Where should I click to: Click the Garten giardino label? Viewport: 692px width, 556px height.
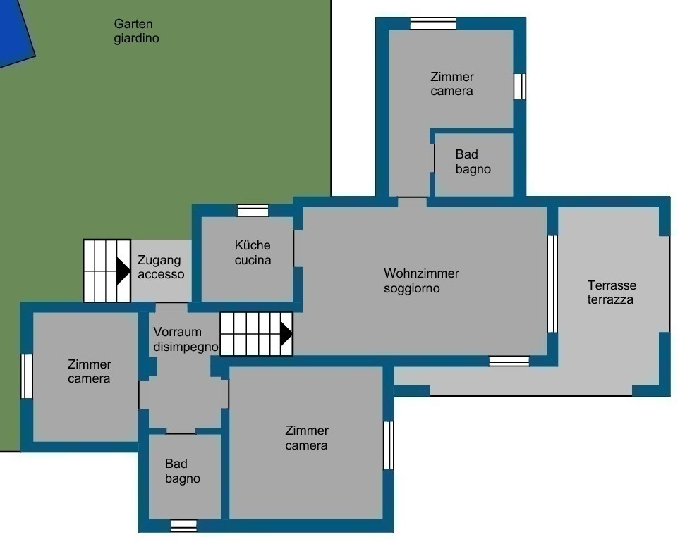tap(136, 31)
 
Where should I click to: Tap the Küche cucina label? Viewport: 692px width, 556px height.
tap(253, 252)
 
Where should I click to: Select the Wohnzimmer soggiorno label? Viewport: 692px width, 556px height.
tap(421, 280)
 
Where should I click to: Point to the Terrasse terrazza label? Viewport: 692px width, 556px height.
tap(612, 292)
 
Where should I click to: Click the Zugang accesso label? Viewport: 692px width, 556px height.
tap(161, 267)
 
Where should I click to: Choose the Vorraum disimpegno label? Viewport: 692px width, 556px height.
tap(186, 339)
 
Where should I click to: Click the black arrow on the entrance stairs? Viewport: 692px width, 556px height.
tap(123, 271)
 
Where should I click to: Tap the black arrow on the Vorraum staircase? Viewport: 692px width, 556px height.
tap(286, 334)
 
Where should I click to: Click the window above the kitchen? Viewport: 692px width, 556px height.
tap(253, 211)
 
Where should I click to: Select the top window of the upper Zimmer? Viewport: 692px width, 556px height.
tap(433, 24)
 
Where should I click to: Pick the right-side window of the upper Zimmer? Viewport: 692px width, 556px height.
tap(520, 87)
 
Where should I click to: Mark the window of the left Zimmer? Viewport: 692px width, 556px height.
tap(27, 376)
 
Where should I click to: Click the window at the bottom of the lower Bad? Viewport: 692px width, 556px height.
tap(183, 526)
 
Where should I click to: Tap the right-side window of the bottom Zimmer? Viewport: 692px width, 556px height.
tap(389, 445)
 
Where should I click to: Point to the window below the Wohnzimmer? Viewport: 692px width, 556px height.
tap(509, 361)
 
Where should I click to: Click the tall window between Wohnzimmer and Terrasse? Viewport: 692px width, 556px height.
tap(552, 284)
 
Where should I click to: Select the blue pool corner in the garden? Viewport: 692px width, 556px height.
tap(16, 31)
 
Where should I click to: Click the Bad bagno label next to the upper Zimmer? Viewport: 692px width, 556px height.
tap(473, 161)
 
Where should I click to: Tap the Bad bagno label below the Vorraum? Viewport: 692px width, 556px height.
tap(182, 471)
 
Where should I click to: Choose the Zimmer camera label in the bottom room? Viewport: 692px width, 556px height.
tap(306, 438)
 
